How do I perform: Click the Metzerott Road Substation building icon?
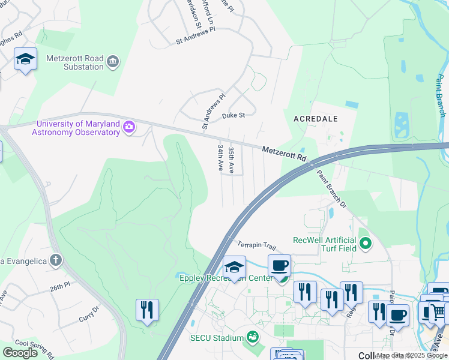[x=113, y=62]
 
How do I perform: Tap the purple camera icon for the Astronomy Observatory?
[x=128, y=127]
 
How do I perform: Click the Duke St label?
[x=234, y=115]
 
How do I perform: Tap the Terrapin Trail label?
[x=256, y=245]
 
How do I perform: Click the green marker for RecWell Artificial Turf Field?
[x=366, y=244]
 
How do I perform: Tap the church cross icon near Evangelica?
[x=56, y=260]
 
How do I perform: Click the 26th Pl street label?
[x=60, y=287]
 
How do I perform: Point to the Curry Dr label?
[x=90, y=308]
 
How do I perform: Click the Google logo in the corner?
[x=20, y=353]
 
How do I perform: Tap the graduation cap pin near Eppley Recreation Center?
[x=235, y=266]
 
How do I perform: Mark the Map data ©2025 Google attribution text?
[x=412, y=355]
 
